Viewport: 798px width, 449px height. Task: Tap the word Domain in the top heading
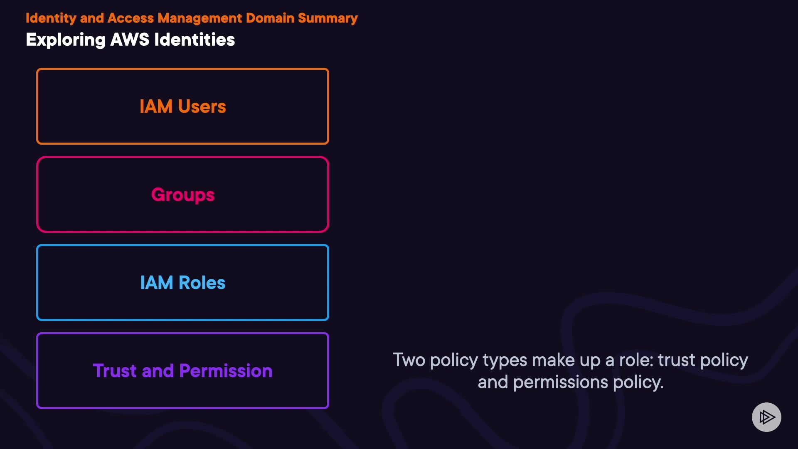[x=270, y=18]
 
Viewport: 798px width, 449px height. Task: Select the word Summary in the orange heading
[x=328, y=18]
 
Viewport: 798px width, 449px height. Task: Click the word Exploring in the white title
[x=66, y=40]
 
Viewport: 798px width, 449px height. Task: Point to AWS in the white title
[x=130, y=40]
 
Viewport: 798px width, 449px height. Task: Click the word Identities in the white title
[x=195, y=40]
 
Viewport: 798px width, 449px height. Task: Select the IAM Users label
[x=183, y=106]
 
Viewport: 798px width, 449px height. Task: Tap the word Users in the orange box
[x=202, y=106]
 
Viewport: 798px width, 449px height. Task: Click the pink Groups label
[x=183, y=195]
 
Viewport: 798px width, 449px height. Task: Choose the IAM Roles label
[x=183, y=283]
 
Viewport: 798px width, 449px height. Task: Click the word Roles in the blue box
[x=202, y=283]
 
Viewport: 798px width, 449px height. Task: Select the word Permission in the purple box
[x=226, y=371]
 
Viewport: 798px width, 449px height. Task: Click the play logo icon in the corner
[x=766, y=417]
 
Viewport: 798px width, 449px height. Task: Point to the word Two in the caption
[x=409, y=360]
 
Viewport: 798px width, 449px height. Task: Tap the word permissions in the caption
[x=561, y=382]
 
